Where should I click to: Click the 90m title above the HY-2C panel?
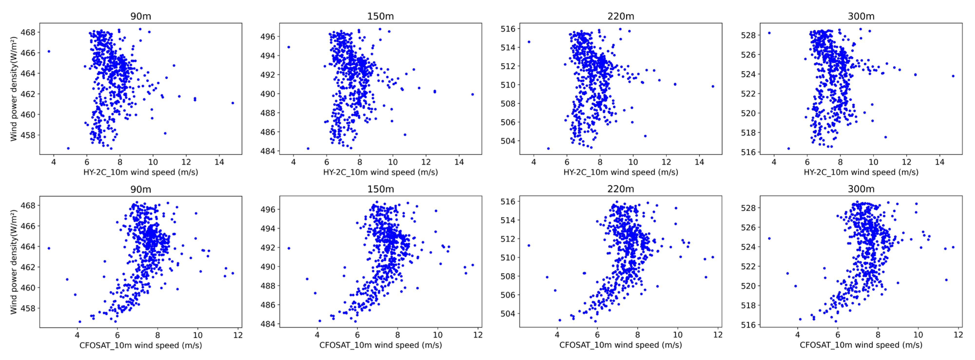tap(141, 16)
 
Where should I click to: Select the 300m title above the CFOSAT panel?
tap(861, 189)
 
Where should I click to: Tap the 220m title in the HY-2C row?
tap(620, 16)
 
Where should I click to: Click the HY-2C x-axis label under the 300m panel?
tap(861, 172)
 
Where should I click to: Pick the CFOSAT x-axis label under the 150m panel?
tap(380, 345)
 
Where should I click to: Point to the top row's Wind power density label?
tap(14, 89)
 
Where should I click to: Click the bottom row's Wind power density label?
tap(14, 262)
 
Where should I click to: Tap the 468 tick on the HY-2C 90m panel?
tap(28, 33)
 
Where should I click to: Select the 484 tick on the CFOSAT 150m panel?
tap(268, 324)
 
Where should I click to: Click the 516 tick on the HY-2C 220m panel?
tap(508, 29)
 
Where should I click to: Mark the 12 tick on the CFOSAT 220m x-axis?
tap(718, 335)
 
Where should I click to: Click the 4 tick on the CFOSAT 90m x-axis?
tap(77, 335)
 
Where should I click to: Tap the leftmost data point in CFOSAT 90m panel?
tap(49, 248)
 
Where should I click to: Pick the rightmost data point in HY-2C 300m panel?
tap(953, 76)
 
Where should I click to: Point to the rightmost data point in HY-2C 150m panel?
tap(472, 94)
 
